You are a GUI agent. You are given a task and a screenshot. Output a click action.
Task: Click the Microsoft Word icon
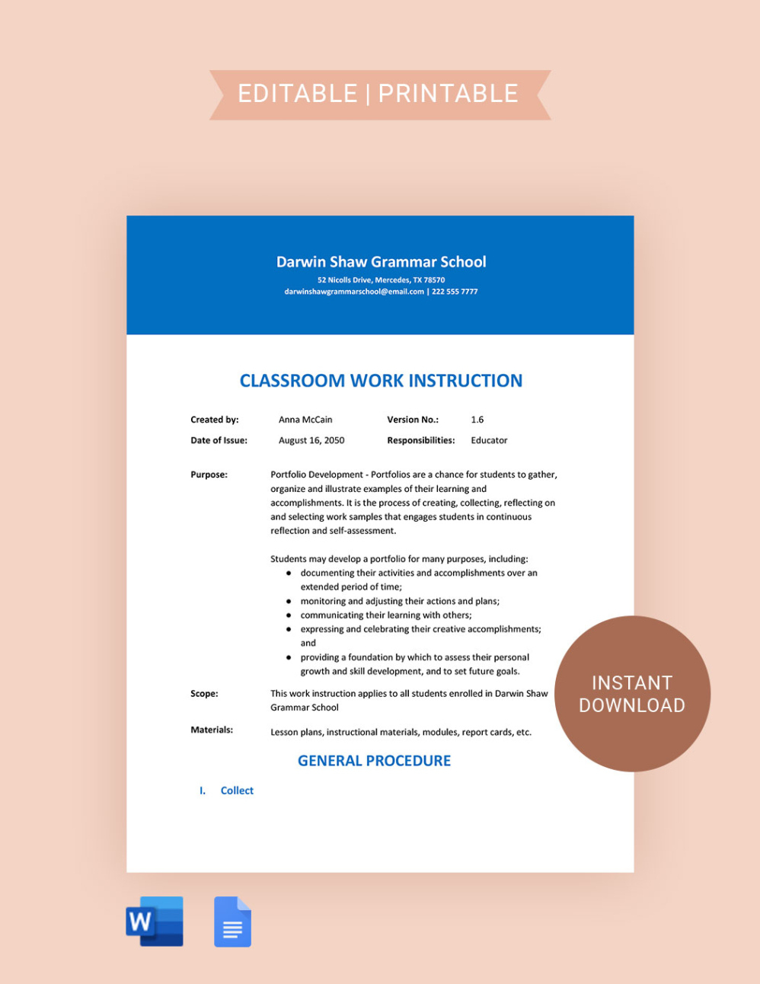155,922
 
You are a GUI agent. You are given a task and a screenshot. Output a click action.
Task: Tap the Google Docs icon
232,922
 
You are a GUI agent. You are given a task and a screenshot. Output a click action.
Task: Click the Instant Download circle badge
632,694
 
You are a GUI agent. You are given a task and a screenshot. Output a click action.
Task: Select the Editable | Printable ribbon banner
379,94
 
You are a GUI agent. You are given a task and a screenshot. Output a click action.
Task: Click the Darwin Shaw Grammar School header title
381,262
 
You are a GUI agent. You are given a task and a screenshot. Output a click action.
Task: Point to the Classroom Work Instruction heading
381,381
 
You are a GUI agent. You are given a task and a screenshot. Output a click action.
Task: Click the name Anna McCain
305,420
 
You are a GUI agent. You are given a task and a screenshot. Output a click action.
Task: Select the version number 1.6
477,420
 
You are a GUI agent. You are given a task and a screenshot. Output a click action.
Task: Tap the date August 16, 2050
311,440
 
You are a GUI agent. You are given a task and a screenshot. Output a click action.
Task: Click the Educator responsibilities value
489,440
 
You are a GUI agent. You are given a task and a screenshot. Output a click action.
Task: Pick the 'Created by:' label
215,420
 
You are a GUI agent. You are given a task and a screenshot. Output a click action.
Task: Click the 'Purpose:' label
209,474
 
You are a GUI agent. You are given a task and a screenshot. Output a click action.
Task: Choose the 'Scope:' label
204,694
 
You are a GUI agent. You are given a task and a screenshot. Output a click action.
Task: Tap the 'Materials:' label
212,730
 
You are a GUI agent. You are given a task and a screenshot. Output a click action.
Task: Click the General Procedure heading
374,761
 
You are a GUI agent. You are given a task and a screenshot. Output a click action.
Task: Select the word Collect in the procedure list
237,791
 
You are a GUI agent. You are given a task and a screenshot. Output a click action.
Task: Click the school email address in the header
354,292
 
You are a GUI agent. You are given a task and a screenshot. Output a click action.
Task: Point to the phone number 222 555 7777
455,292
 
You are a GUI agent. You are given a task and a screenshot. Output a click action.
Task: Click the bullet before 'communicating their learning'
289,615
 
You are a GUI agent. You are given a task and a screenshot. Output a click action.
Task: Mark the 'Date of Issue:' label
219,440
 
